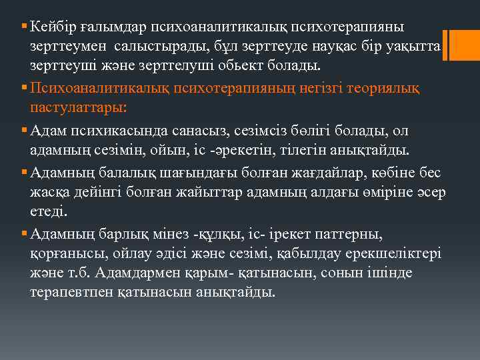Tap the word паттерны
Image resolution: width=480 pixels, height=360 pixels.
point(349,234)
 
